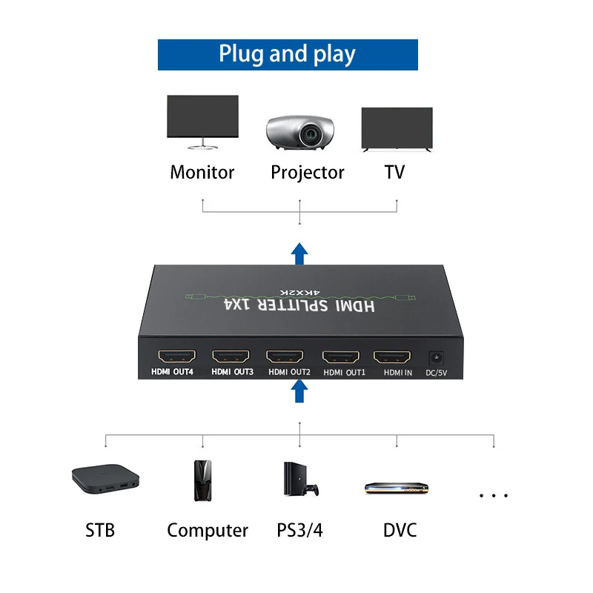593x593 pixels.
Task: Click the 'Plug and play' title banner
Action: tap(288, 55)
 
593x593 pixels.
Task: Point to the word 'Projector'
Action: tap(308, 173)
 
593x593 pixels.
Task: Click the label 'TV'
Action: tap(394, 173)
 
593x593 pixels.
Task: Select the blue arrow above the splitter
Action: tap(299, 253)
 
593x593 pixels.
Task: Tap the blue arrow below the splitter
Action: tap(299, 391)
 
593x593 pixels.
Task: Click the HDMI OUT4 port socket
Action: tap(173, 356)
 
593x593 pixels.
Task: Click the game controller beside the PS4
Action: tap(313, 490)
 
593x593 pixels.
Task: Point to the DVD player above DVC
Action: tap(397, 488)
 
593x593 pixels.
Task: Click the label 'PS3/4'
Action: tap(299, 531)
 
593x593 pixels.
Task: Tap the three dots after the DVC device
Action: tap(493, 495)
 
